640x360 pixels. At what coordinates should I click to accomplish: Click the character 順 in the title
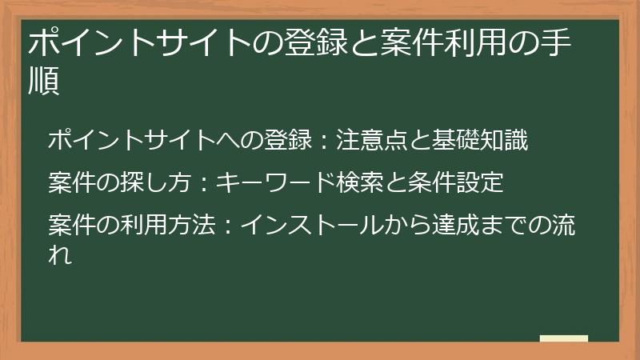45,83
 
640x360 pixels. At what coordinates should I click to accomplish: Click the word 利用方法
160,226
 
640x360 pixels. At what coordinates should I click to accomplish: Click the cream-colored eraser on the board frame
563,339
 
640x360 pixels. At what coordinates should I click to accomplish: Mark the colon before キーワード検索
204,184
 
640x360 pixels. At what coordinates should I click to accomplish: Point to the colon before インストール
226,226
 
